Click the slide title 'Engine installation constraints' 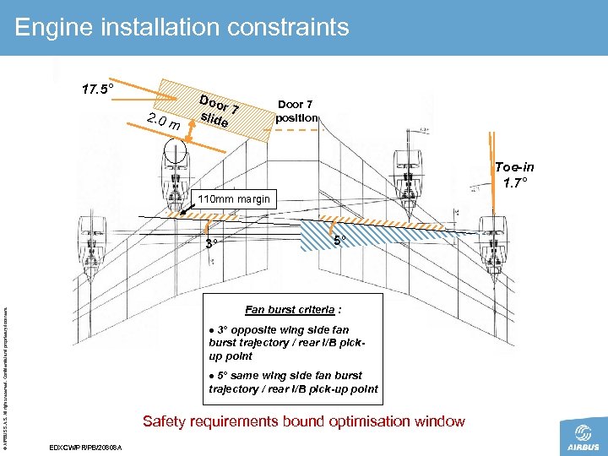click(182, 27)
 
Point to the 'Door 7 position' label click(296, 111)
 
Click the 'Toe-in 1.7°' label click(514, 175)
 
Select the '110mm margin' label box click(233, 199)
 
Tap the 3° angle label click(213, 244)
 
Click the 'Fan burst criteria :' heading click(293, 308)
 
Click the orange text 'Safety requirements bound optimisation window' click(303, 421)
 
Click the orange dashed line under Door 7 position click(296, 130)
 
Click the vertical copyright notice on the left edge click(8, 372)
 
